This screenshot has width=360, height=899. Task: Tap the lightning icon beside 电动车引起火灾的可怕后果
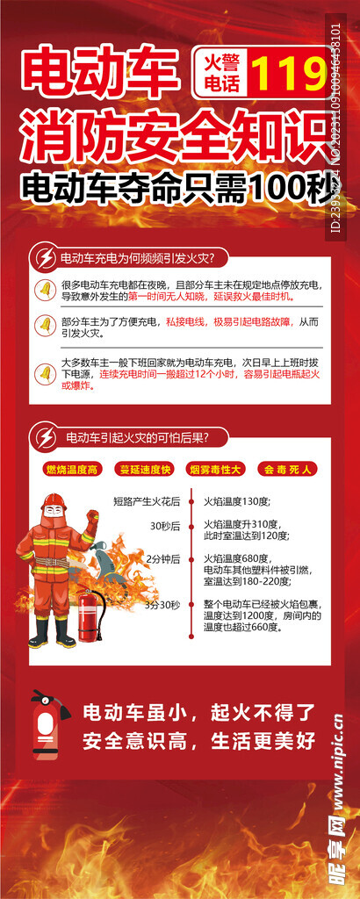point(44,436)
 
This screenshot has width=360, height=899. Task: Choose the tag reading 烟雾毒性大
point(215,470)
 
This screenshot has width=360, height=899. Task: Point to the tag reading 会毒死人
point(287,470)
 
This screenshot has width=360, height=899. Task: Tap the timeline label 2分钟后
point(163,558)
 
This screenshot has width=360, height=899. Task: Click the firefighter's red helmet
point(54,501)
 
